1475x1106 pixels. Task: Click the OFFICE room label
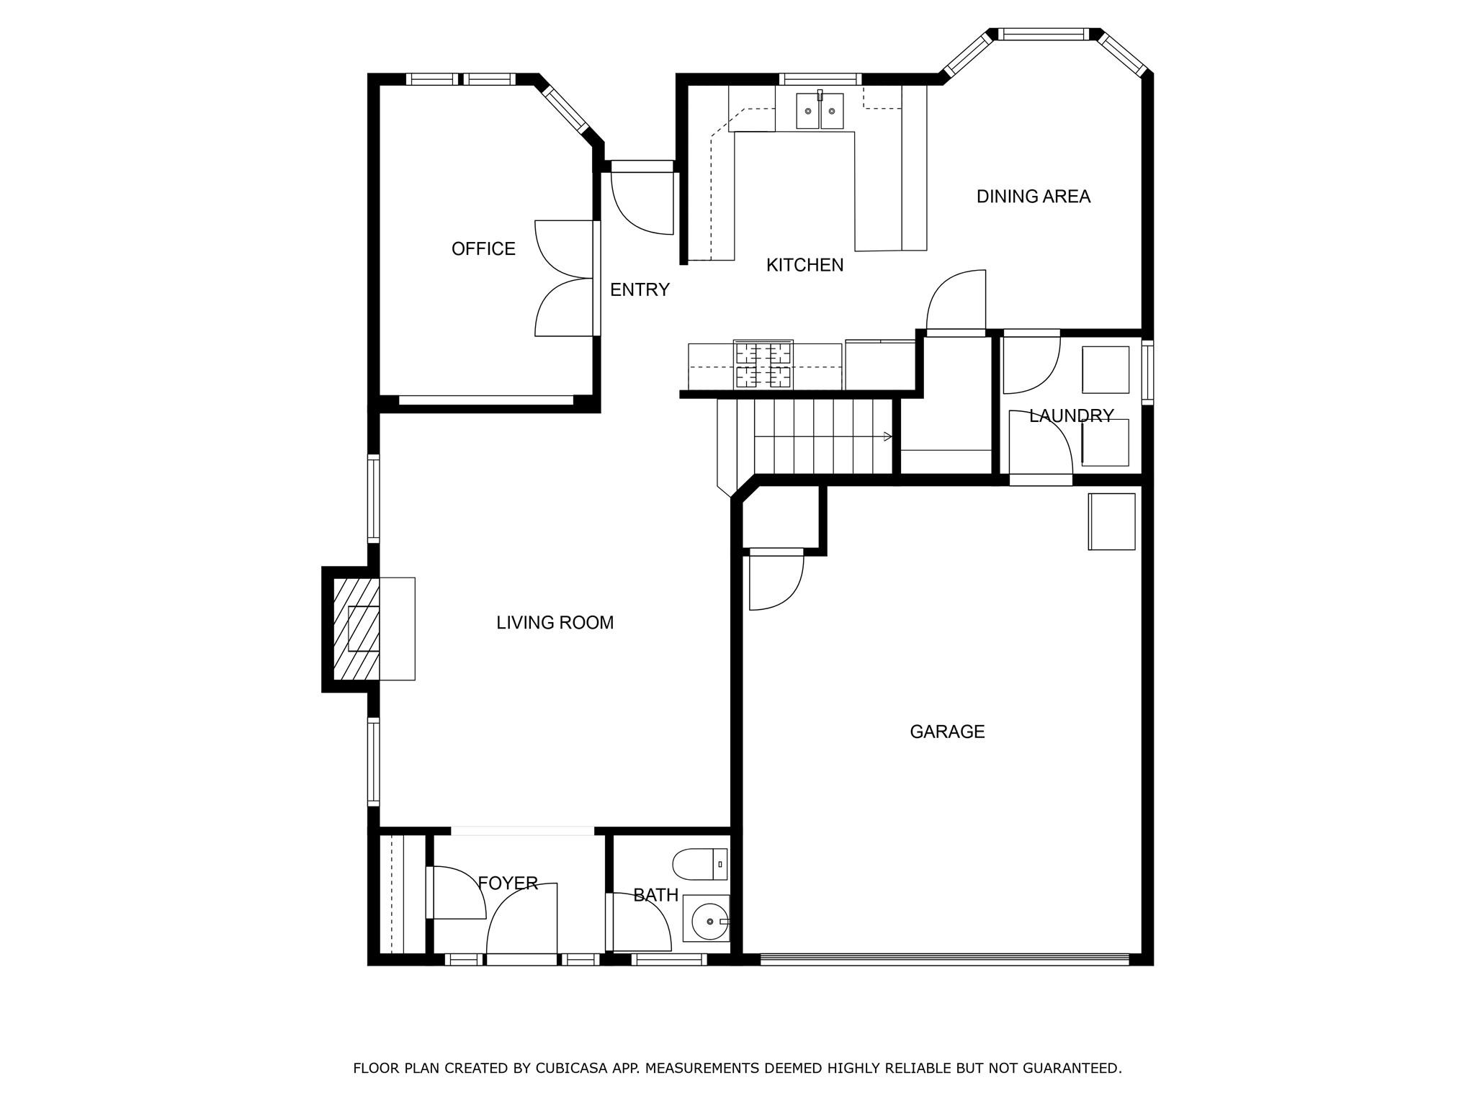tap(483, 249)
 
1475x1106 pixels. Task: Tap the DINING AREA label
tap(1033, 197)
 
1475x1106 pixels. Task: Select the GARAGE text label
tap(946, 732)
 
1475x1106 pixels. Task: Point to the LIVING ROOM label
tap(555, 623)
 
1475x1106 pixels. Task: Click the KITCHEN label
tap(804, 266)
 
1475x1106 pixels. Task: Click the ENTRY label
tap(640, 290)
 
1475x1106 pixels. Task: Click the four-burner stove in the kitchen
tap(763, 364)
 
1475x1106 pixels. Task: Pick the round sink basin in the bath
tap(709, 921)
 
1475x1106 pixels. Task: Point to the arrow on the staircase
tap(887, 436)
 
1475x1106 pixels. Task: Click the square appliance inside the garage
tap(1111, 521)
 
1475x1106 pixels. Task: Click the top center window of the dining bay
tap(1043, 33)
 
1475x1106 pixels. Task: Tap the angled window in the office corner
tap(565, 109)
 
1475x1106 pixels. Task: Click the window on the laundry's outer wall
tap(1148, 372)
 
